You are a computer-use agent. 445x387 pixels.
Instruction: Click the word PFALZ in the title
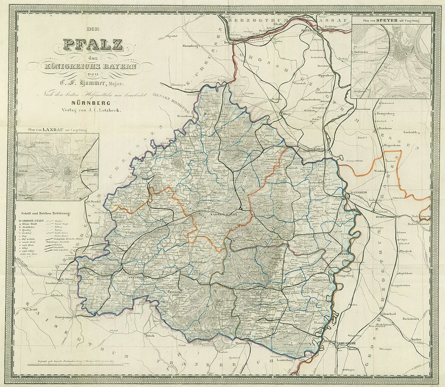(92, 45)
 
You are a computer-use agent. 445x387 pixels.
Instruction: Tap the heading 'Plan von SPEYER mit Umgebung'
(391, 21)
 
